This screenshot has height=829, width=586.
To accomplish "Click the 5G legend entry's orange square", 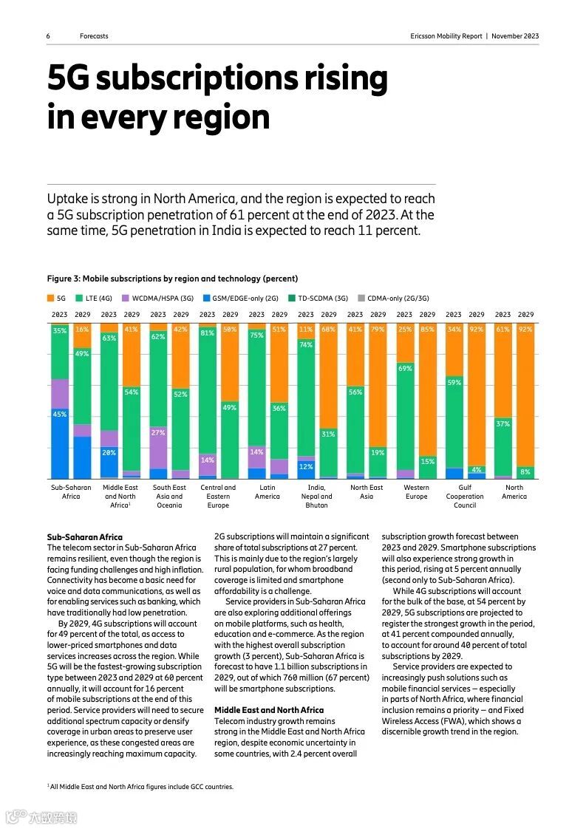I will click(x=50, y=298).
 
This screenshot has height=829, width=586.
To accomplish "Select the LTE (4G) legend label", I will click(x=98, y=298).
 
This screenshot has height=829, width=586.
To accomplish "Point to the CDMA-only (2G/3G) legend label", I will click(x=398, y=298).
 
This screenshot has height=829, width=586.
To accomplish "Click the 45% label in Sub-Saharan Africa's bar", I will click(x=59, y=414).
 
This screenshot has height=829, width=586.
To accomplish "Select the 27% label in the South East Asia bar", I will click(x=158, y=433).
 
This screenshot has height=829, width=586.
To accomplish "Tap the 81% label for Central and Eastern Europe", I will click(x=207, y=333).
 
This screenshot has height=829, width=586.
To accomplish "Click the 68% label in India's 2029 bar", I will click(x=328, y=330).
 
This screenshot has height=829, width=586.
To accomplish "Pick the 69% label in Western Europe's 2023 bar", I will click(x=404, y=367).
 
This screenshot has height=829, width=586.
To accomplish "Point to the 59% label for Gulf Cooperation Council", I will click(x=454, y=383).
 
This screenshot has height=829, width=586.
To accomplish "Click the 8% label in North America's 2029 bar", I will click(x=525, y=471).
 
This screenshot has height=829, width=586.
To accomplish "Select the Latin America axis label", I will click(x=268, y=492).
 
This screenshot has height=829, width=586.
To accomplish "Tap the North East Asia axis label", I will click(x=367, y=492).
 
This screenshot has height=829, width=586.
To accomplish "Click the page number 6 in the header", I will click(x=48, y=36).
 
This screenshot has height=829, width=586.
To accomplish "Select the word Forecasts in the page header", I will click(x=95, y=36).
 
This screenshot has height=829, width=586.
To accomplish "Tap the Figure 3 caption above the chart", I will click(x=172, y=279).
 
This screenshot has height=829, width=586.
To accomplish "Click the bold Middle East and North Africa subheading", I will click(x=269, y=710).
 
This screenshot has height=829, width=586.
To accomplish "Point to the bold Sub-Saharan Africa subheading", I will click(x=85, y=537).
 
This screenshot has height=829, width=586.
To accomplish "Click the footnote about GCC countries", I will click(x=140, y=787).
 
